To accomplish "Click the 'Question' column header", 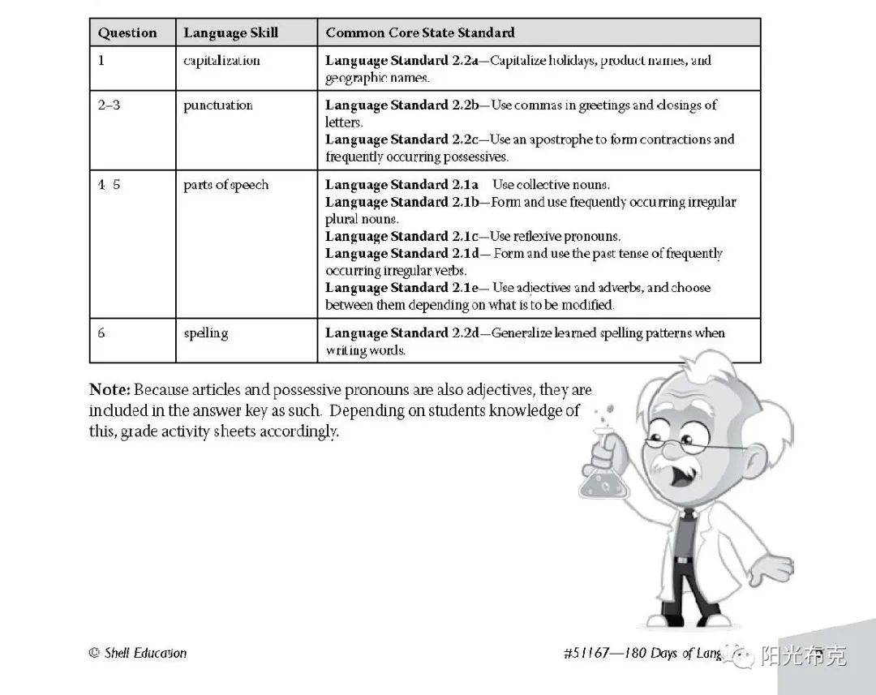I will (x=127, y=33).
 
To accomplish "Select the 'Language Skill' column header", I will (x=230, y=33).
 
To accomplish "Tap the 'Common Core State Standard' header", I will (x=419, y=33).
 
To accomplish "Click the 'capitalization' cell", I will (x=221, y=61).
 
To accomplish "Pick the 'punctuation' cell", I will (x=217, y=105).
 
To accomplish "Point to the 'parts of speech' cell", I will (x=225, y=185).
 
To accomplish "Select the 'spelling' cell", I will (x=205, y=333).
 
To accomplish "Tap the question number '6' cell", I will (x=101, y=333).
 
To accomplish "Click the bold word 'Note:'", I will (x=109, y=390).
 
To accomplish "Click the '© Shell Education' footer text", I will (x=138, y=653).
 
